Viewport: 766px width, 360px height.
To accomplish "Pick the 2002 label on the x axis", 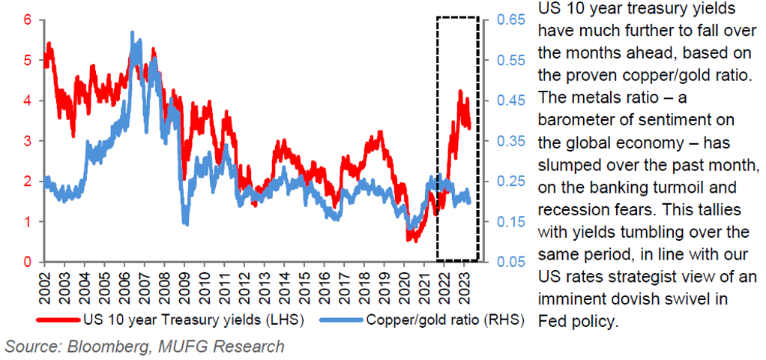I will pos(45,286).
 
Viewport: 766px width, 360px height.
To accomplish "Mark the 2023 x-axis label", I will pos(465,286).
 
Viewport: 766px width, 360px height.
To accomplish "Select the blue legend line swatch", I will pos(331,319).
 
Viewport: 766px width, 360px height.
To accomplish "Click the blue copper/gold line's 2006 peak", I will pos(133,33).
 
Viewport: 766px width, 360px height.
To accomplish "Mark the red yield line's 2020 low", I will pos(410,239).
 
